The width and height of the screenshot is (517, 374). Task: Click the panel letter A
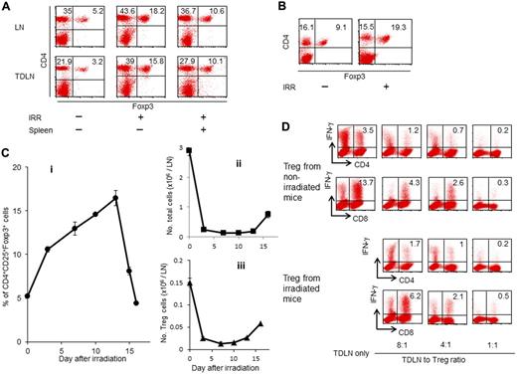click(x=7, y=7)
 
